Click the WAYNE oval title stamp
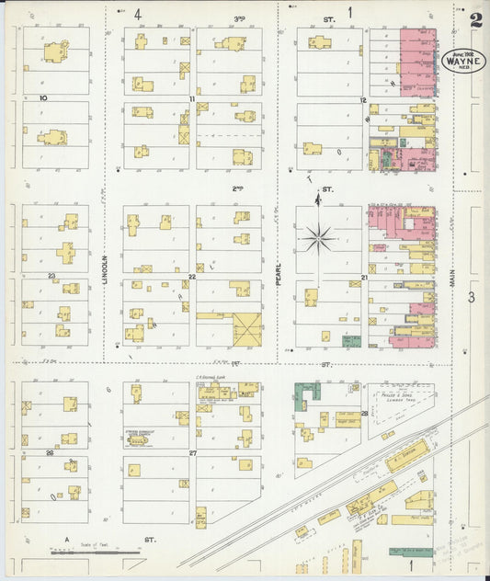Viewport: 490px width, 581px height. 466,61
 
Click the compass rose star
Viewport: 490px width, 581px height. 319,238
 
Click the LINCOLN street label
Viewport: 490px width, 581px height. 106,272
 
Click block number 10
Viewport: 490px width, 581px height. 42,97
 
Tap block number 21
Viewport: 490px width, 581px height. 365,276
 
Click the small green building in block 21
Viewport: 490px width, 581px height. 350,341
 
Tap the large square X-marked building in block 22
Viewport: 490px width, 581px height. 246,328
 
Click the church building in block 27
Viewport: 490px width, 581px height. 140,440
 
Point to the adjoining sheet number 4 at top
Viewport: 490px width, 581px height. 137,14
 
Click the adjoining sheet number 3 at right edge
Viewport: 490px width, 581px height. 470,296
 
